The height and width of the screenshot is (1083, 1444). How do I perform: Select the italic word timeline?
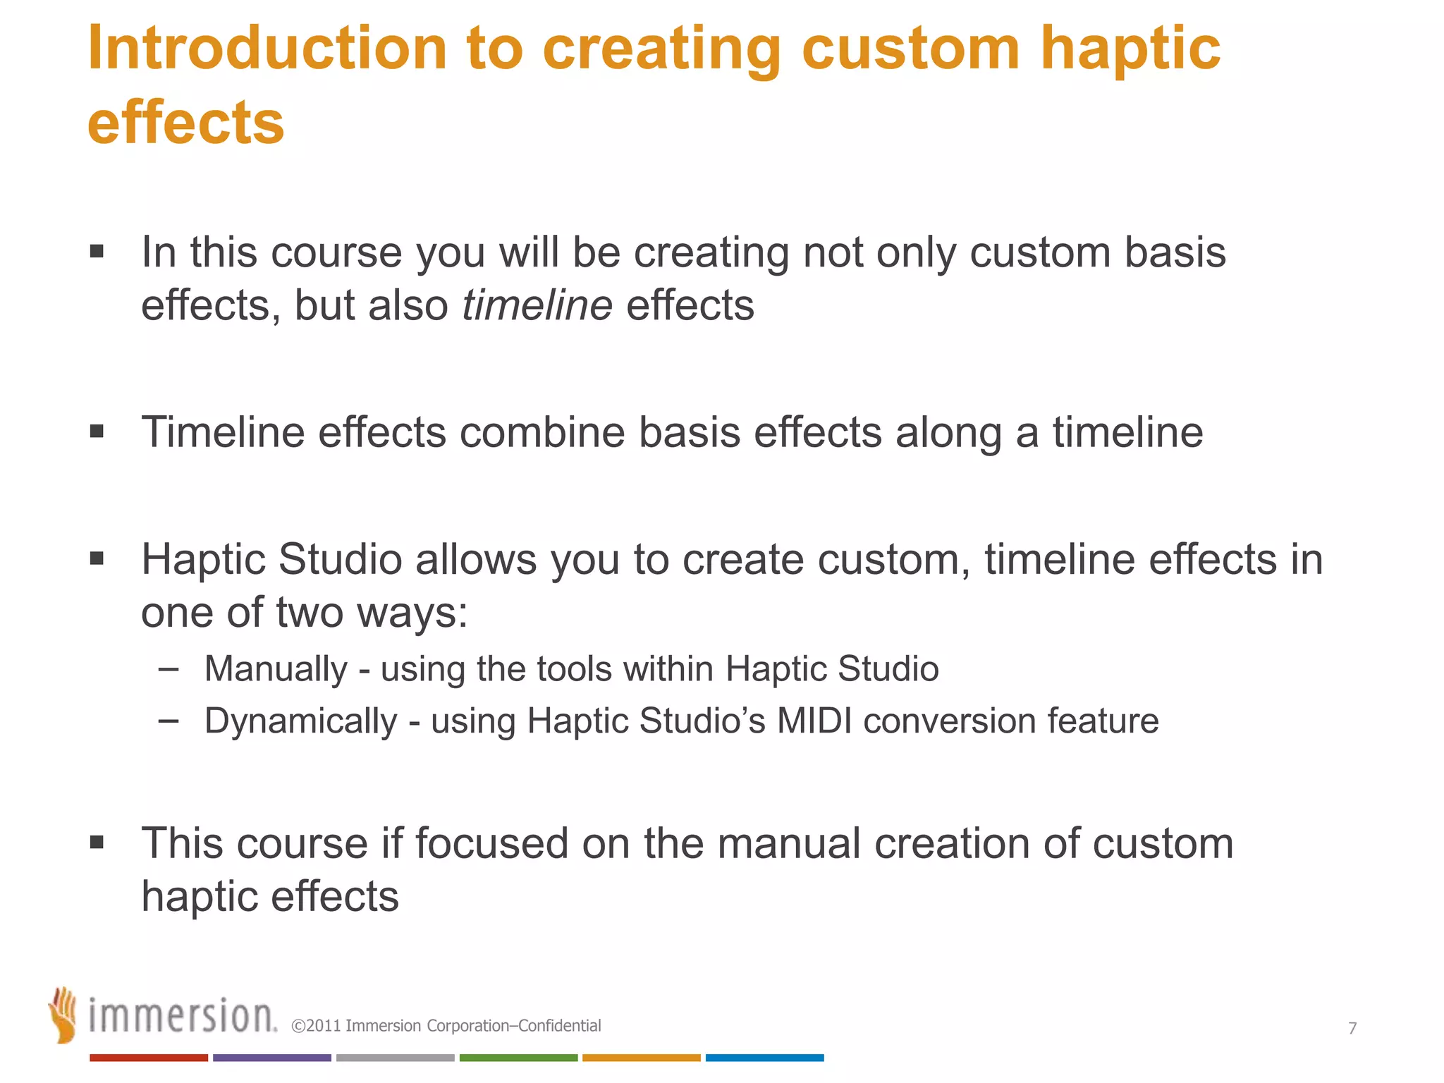coord(537,305)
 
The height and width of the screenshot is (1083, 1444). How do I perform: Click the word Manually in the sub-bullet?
coord(276,668)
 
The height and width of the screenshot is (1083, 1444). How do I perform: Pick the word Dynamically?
coord(300,721)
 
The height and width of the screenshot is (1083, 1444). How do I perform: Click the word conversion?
coord(949,721)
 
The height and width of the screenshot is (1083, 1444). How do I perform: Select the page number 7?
coord(1352,1028)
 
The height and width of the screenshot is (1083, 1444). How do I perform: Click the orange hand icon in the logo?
coord(63,1015)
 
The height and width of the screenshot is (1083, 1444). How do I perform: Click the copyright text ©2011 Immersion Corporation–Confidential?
coord(446,1026)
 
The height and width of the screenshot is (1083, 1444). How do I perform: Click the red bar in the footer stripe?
coord(148,1058)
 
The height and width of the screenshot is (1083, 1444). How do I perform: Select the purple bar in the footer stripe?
coord(271,1058)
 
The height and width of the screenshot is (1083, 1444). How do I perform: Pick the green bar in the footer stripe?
coord(518,1058)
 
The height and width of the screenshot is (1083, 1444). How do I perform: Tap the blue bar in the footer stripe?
coord(764,1058)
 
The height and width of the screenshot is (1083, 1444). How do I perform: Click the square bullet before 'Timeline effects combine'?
coord(97,431)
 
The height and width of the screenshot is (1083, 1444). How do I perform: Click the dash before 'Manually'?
coord(168,668)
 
